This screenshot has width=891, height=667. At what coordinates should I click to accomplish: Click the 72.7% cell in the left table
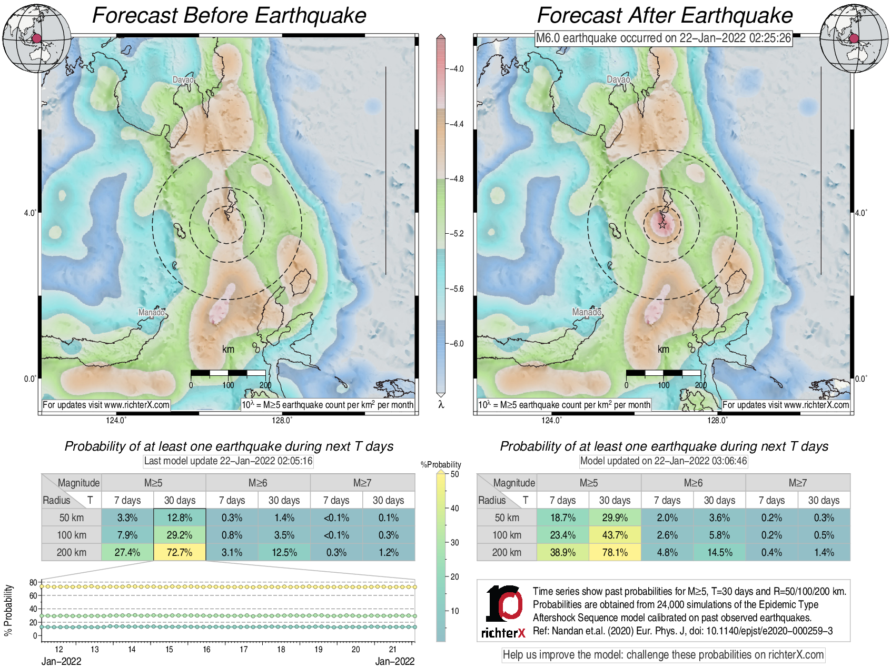coord(180,552)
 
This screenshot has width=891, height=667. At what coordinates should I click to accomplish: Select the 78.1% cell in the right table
coord(615,552)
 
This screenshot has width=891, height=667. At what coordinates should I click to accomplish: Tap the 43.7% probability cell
coord(615,535)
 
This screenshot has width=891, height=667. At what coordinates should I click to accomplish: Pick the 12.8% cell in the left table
coord(180,517)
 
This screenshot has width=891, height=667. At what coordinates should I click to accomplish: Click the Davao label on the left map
coord(183,80)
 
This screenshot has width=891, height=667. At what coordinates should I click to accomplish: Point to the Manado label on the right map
coord(587,312)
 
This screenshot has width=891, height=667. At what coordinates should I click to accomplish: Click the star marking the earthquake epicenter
coord(662,225)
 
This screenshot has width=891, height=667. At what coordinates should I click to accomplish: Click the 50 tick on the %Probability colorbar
coord(454,474)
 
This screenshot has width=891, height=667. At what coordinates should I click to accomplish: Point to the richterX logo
coord(503,611)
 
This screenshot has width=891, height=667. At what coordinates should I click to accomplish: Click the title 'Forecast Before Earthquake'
coord(229,15)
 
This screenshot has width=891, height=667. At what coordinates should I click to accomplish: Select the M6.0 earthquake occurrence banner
coord(663,38)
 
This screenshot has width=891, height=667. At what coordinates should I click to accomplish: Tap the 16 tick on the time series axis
coord(206,649)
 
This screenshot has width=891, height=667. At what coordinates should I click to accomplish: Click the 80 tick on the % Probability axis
coord(33,582)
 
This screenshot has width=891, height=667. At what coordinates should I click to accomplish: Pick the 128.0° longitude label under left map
coord(282,420)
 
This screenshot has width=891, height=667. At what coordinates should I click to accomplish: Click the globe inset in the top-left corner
coord(36,38)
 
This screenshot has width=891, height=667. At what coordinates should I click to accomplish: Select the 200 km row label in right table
coord(507,552)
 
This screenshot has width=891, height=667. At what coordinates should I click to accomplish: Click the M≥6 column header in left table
coord(258,483)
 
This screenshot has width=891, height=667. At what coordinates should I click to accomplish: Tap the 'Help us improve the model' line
coord(663,655)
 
